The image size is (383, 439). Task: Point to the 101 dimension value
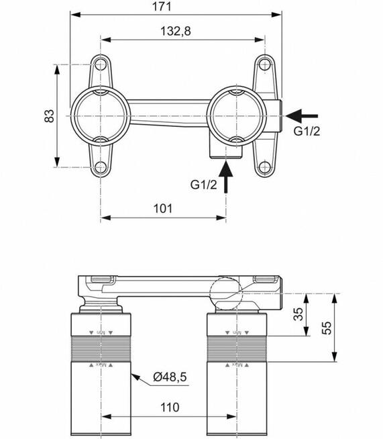point(163,208)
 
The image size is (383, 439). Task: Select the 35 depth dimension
point(296,314)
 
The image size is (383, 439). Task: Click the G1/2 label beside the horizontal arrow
point(307,132)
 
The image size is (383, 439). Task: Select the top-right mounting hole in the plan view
point(265,65)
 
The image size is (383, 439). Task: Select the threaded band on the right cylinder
point(239,349)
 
